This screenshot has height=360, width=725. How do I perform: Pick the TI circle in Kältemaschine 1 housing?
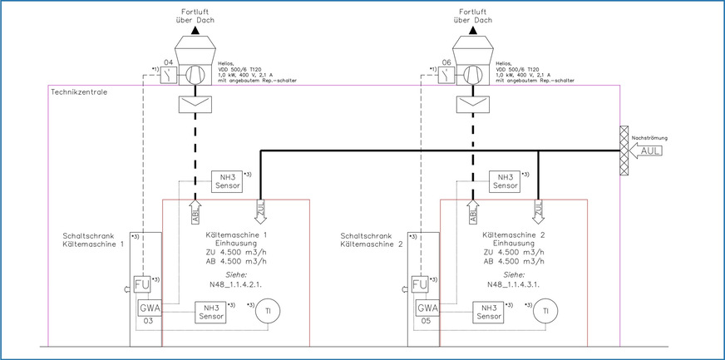click(267, 311)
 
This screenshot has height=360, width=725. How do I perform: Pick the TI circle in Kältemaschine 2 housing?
click(545, 311)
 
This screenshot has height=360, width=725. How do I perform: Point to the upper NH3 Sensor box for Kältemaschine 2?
click(501, 182)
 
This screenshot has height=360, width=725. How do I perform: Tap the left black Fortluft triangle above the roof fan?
click(195, 30)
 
